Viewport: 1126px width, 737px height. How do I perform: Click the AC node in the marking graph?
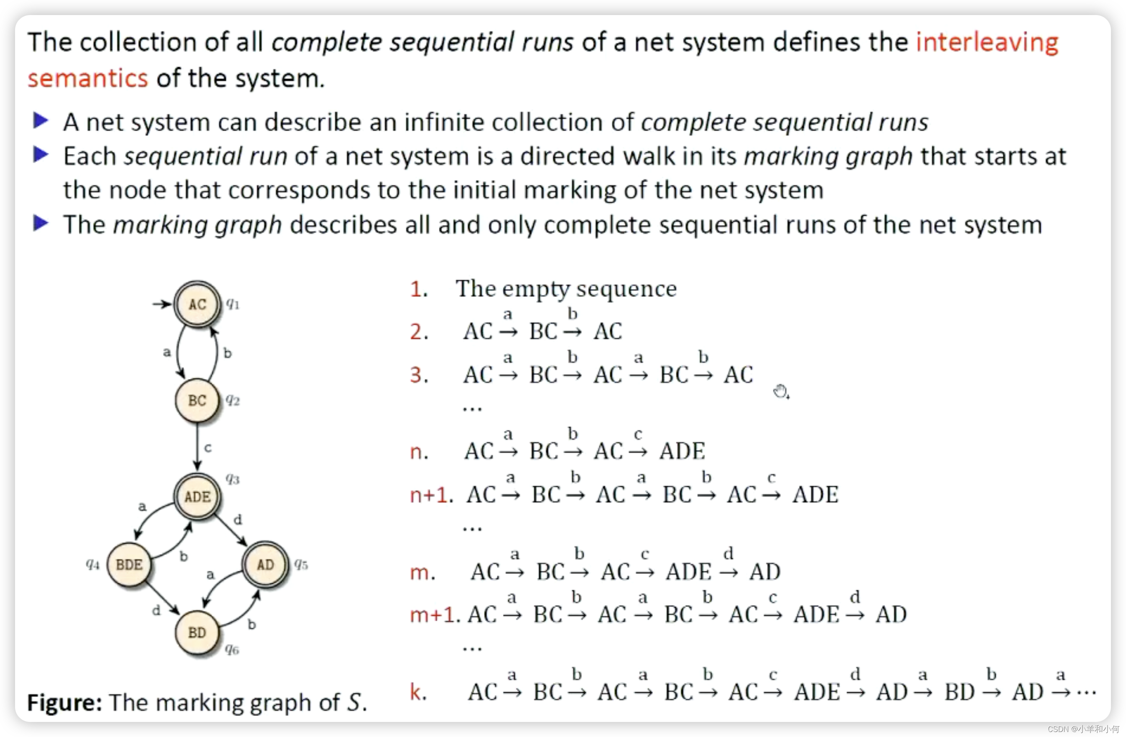coord(197,304)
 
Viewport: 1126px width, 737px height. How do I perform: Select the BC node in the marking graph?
coord(197,400)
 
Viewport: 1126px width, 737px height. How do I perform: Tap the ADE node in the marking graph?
coord(197,496)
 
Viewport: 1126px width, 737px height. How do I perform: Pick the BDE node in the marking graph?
coord(129,564)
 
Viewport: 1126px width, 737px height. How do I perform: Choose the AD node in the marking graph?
coord(265,564)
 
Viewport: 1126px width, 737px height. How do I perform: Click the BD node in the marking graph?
coord(197,633)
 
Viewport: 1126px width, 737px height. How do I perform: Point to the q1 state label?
coord(233,304)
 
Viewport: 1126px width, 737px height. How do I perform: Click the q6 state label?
coord(232,650)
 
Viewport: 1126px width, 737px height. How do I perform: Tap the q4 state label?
coord(93,564)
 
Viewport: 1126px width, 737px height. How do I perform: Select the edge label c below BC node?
coord(208,447)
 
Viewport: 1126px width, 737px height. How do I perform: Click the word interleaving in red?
coord(986,43)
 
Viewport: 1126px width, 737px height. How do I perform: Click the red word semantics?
coord(87,79)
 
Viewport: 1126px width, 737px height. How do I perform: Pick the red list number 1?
coord(418,289)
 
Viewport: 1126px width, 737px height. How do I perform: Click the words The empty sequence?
coord(566,289)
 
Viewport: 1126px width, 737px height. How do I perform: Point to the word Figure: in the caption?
coord(64,702)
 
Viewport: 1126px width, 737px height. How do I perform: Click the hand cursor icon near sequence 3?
coord(781,391)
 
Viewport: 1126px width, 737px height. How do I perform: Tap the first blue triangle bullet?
coord(41,121)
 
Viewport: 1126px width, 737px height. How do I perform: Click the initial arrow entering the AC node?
coord(162,304)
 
